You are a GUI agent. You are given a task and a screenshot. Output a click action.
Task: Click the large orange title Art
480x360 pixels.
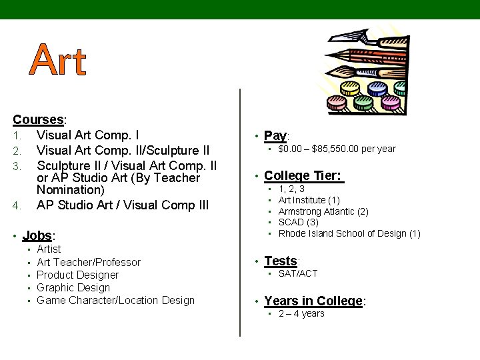(59, 61)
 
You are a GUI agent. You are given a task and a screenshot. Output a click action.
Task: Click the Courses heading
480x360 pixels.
(38, 120)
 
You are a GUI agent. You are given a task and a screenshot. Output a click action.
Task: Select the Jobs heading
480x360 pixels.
(37, 235)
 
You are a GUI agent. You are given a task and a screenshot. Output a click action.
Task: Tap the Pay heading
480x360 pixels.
(275, 136)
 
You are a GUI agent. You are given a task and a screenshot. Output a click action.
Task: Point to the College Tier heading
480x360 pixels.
(303, 176)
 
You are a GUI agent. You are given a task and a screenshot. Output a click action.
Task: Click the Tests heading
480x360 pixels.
(281, 261)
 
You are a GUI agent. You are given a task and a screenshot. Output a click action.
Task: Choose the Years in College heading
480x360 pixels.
(313, 301)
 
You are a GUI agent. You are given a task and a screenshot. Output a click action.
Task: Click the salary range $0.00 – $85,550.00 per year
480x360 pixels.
(337, 149)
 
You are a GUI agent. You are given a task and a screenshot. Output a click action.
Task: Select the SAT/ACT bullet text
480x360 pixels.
(298, 273)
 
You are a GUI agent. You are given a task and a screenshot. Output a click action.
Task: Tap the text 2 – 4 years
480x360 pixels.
(301, 313)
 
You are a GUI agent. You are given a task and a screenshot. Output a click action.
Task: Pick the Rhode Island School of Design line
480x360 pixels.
(349, 233)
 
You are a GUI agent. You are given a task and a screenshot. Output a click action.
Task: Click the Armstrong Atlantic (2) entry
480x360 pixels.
(323, 211)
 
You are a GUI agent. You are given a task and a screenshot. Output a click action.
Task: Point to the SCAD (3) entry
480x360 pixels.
(299, 222)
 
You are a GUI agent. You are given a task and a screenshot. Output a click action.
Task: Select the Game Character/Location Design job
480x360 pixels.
(115, 300)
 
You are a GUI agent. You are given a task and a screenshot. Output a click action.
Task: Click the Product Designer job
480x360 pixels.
(77, 275)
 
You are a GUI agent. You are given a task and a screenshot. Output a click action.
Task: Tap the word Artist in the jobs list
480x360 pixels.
(49, 249)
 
